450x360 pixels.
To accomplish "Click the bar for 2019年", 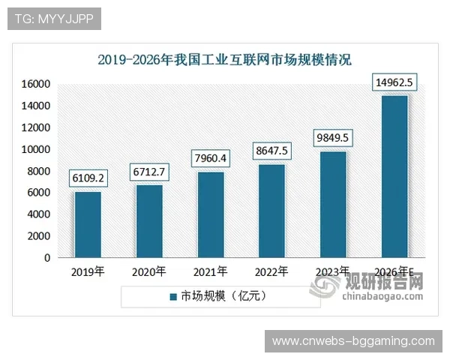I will (x=88, y=224).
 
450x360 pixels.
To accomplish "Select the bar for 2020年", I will (x=149, y=220).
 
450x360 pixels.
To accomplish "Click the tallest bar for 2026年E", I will (x=395, y=176).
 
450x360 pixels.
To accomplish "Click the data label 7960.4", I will (x=211, y=158).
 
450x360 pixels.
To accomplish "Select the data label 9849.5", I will (x=334, y=138).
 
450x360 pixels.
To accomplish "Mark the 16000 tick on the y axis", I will (x=37, y=84).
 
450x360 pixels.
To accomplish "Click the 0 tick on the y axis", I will (x=47, y=258).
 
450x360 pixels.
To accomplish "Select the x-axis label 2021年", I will (x=211, y=271).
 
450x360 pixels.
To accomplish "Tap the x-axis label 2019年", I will (x=88, y=271).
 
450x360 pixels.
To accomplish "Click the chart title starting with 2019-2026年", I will (x=224, y=59).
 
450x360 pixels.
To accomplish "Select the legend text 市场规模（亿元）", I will (x=223, y=296).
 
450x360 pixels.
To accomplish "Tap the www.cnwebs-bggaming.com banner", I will (x=352, y=341).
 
